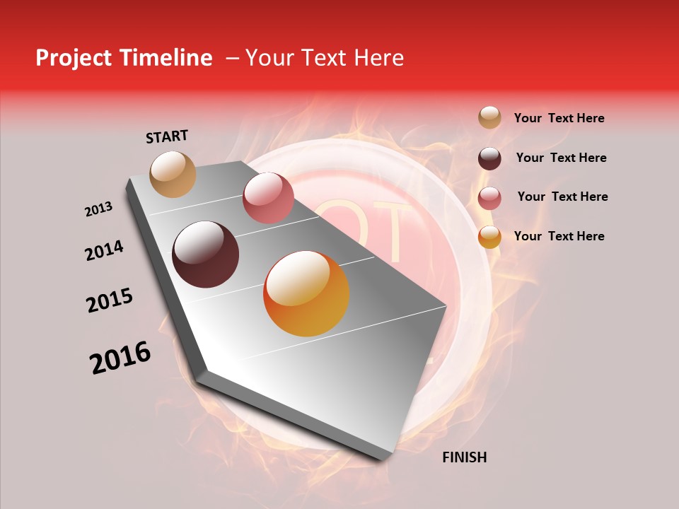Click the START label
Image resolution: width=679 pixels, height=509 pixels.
point(167,136)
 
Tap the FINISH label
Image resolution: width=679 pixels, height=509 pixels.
point(464,457)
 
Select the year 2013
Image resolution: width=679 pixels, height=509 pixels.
point(99,209)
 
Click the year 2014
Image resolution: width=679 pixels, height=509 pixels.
point(105,251)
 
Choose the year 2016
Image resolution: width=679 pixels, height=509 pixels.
point(120,358)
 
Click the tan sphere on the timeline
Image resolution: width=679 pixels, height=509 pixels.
point(173,175)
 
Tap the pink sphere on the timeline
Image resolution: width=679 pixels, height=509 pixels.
point(268,198)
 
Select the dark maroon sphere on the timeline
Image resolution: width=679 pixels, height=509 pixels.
point(206,255)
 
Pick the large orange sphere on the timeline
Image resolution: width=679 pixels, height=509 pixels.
point(306,293)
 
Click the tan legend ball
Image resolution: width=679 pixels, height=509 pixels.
point(489,118)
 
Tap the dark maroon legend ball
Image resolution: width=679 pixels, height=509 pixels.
point(489,158)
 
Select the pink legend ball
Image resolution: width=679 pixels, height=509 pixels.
point(489,198)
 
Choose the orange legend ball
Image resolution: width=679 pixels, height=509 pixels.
point(489,237)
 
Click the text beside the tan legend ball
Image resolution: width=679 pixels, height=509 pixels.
point(559,119)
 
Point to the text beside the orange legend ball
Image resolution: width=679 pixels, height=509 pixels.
point(559,236)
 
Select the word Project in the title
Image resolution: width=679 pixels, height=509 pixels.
point(73,58)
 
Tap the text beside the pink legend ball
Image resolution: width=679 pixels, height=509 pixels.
point(562,197)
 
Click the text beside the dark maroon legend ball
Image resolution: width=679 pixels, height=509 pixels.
point(561,158)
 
